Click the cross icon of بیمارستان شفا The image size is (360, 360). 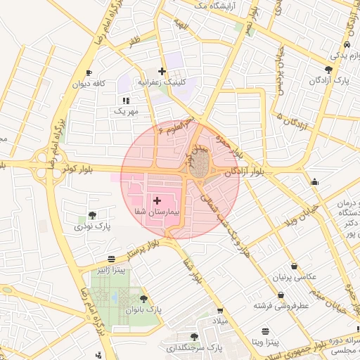156,201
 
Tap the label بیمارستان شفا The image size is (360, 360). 157,212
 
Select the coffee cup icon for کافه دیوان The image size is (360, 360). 89,73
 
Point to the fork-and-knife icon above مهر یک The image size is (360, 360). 126,101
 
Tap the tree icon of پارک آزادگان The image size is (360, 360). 329,70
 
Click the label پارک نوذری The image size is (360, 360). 93,226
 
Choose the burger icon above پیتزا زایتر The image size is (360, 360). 111,259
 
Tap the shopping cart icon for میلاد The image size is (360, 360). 221,310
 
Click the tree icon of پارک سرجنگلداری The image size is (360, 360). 194,337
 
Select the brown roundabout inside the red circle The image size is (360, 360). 201,166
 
